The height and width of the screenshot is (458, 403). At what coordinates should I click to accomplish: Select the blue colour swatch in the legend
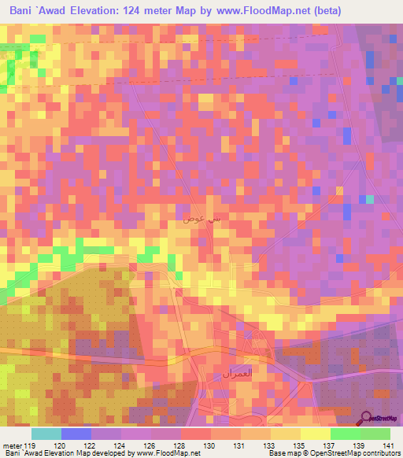tap(76, 434)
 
